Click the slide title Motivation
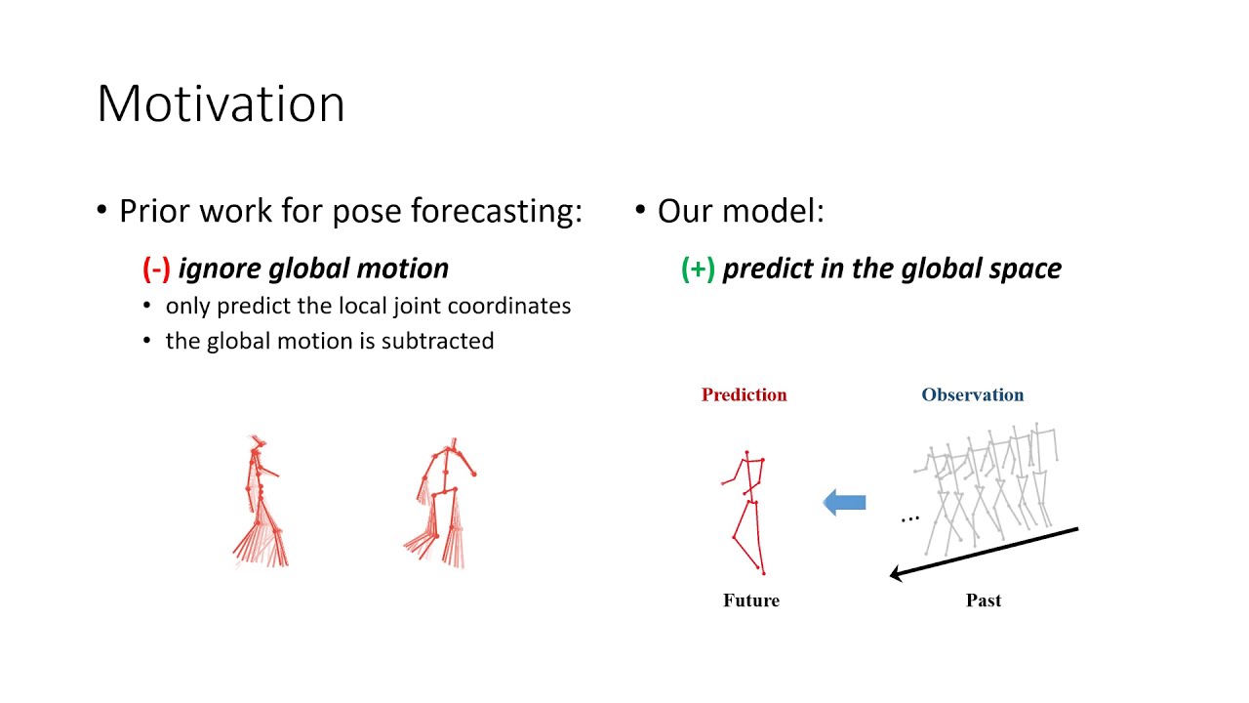(221, 103)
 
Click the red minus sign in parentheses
(156, 269)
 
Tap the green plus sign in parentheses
(698, 269)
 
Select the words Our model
(740, 211)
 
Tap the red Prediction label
(744, 394)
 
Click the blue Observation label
(972, 394)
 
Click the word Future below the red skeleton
(750, 600)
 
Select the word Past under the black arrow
(984, 600)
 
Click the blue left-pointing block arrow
(844, 503)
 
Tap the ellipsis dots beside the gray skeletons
(909, 518)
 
